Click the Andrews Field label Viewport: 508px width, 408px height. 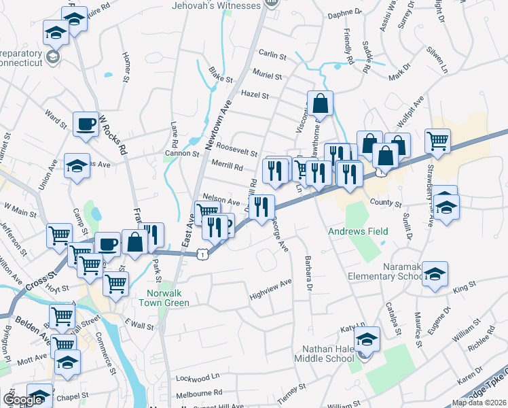[x=357, y=232]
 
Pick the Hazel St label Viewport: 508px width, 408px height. [x=255, y=95]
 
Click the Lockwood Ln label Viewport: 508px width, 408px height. [x=198, y=376]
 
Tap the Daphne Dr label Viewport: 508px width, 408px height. [x=345, y=12]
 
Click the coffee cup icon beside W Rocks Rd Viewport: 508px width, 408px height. [x=86, y=124]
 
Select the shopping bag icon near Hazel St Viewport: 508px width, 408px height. [x=321, y=103]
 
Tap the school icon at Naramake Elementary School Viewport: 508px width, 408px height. [x=435, y=274]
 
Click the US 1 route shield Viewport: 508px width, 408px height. [x=202, y=254]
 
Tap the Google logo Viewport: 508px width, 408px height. [x=23, y=400]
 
